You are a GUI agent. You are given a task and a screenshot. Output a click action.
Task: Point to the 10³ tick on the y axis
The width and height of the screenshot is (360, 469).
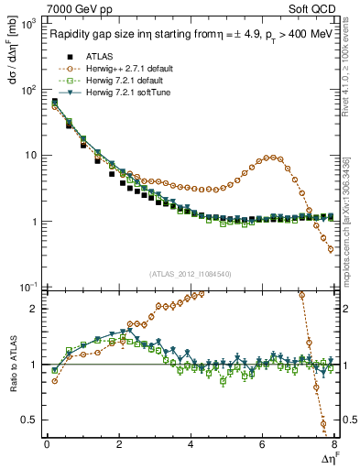click(27, 24)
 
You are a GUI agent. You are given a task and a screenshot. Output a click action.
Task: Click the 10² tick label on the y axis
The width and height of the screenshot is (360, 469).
click(27, 90)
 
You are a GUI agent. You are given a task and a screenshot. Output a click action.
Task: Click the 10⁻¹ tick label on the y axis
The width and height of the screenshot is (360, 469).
click(27, 288)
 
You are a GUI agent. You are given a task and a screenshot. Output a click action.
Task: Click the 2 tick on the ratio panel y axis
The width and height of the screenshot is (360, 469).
click(32, 309)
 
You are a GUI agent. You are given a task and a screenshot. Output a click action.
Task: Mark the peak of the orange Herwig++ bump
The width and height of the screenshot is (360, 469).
click(269, 157)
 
